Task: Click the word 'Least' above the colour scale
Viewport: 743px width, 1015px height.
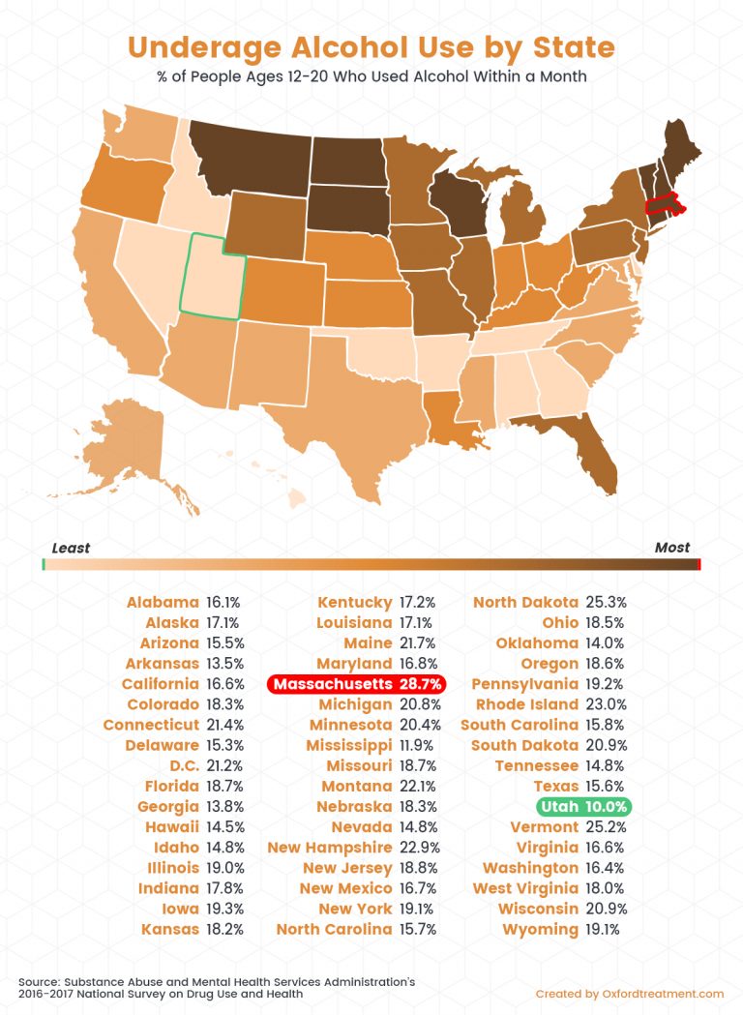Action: click(71, 548)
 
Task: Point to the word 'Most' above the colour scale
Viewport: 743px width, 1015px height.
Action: click(672, 548)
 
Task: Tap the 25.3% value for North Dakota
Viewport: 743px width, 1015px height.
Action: click(605, 603)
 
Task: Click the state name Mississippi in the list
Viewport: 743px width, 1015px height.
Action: click(348, 745)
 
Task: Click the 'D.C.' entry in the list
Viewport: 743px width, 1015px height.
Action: click(181, 765)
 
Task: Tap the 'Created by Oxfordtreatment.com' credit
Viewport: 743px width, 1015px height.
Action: click(629, 994)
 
